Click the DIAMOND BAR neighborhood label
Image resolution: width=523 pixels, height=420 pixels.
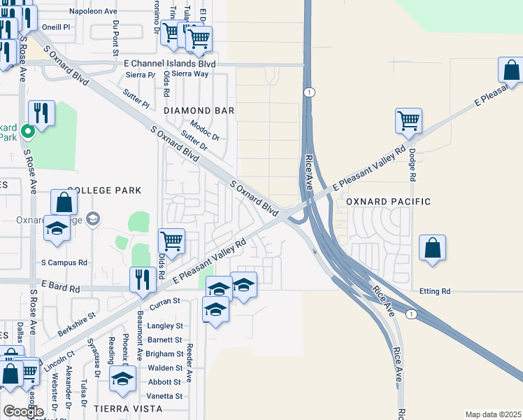199,111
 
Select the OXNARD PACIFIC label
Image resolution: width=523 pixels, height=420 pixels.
388,202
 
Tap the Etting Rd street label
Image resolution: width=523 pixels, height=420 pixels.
435,290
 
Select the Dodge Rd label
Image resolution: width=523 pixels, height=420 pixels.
413,164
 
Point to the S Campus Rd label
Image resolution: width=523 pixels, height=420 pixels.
64,262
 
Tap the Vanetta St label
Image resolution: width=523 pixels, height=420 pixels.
165,396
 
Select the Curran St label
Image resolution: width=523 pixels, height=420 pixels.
166,300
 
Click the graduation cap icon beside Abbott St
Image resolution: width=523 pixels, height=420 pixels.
123,379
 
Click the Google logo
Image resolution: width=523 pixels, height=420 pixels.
24,412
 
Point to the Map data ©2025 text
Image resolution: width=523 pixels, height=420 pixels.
492,414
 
